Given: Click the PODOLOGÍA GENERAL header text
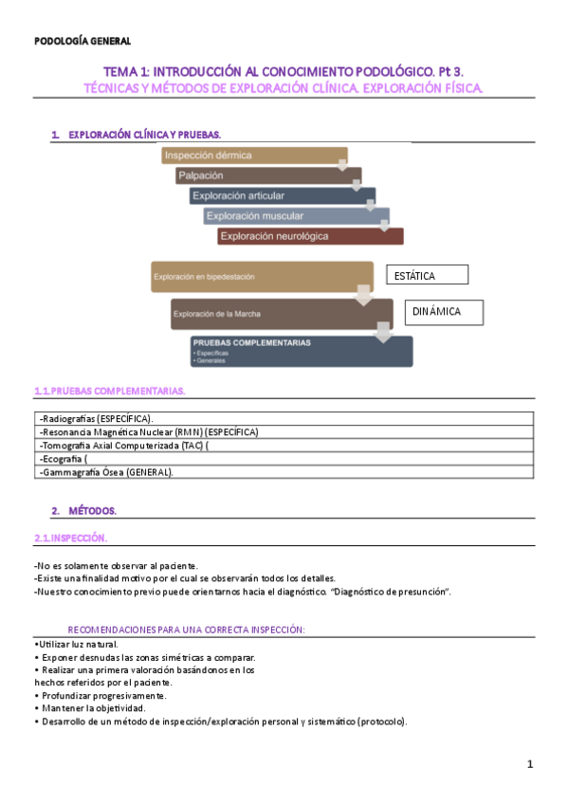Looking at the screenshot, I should [x=82, y=41].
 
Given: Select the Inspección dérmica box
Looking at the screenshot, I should [x=253, y=155].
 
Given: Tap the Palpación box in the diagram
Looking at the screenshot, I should [x=267, y=175].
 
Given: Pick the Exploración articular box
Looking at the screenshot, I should [x=282, y=196].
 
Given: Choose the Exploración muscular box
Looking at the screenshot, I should [x=296, y=216].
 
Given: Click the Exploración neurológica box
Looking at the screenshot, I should [x=309, y=236].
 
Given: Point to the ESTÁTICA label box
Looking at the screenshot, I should [x=427, y=275].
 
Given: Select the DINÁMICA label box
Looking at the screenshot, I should [x=445, y=312].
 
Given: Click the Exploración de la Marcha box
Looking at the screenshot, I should [x=282, y=314].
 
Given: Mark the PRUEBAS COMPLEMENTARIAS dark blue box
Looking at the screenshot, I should [x=302, y=351].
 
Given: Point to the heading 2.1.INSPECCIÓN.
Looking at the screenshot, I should [x=71, y=538].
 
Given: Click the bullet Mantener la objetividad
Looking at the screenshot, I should [x=92, y=708].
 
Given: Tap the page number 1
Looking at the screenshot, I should [x=531, y=764].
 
